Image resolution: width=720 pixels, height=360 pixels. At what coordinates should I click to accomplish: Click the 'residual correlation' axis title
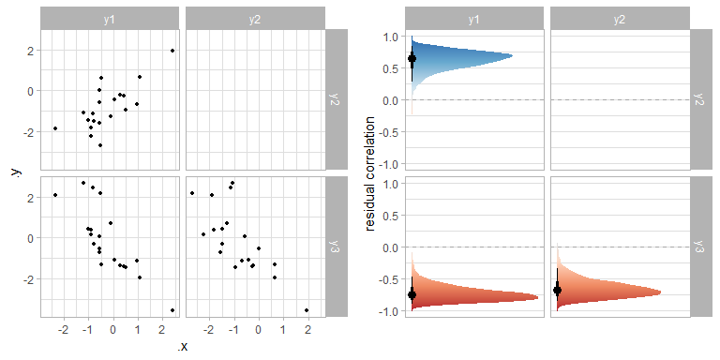pos(372,173)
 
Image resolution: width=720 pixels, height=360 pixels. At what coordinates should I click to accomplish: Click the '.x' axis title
pos(183,347)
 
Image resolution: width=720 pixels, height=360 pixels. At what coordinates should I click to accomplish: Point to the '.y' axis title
pos(15,173)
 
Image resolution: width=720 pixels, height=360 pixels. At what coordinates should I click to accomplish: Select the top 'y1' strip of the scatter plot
pos(111,19)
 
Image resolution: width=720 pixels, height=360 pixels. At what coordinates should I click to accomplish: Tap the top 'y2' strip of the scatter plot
pos(255,19)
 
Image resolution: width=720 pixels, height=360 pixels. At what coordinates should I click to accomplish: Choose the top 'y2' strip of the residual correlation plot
pos(619,19)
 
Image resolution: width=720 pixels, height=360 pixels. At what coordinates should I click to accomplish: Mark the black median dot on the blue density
pos(412,59)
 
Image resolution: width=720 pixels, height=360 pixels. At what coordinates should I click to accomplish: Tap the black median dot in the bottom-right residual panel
pos(557,291)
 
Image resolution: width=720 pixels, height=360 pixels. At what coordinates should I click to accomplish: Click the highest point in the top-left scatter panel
pos(172,51)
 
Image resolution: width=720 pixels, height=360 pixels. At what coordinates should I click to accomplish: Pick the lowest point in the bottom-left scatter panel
pos(172,310)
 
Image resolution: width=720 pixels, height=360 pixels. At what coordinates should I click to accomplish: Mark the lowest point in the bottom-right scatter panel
pos(307,310)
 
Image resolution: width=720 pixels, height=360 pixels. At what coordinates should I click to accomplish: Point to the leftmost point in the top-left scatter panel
pos(55,128)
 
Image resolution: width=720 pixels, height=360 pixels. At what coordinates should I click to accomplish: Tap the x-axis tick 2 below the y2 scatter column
pos(307,330)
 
